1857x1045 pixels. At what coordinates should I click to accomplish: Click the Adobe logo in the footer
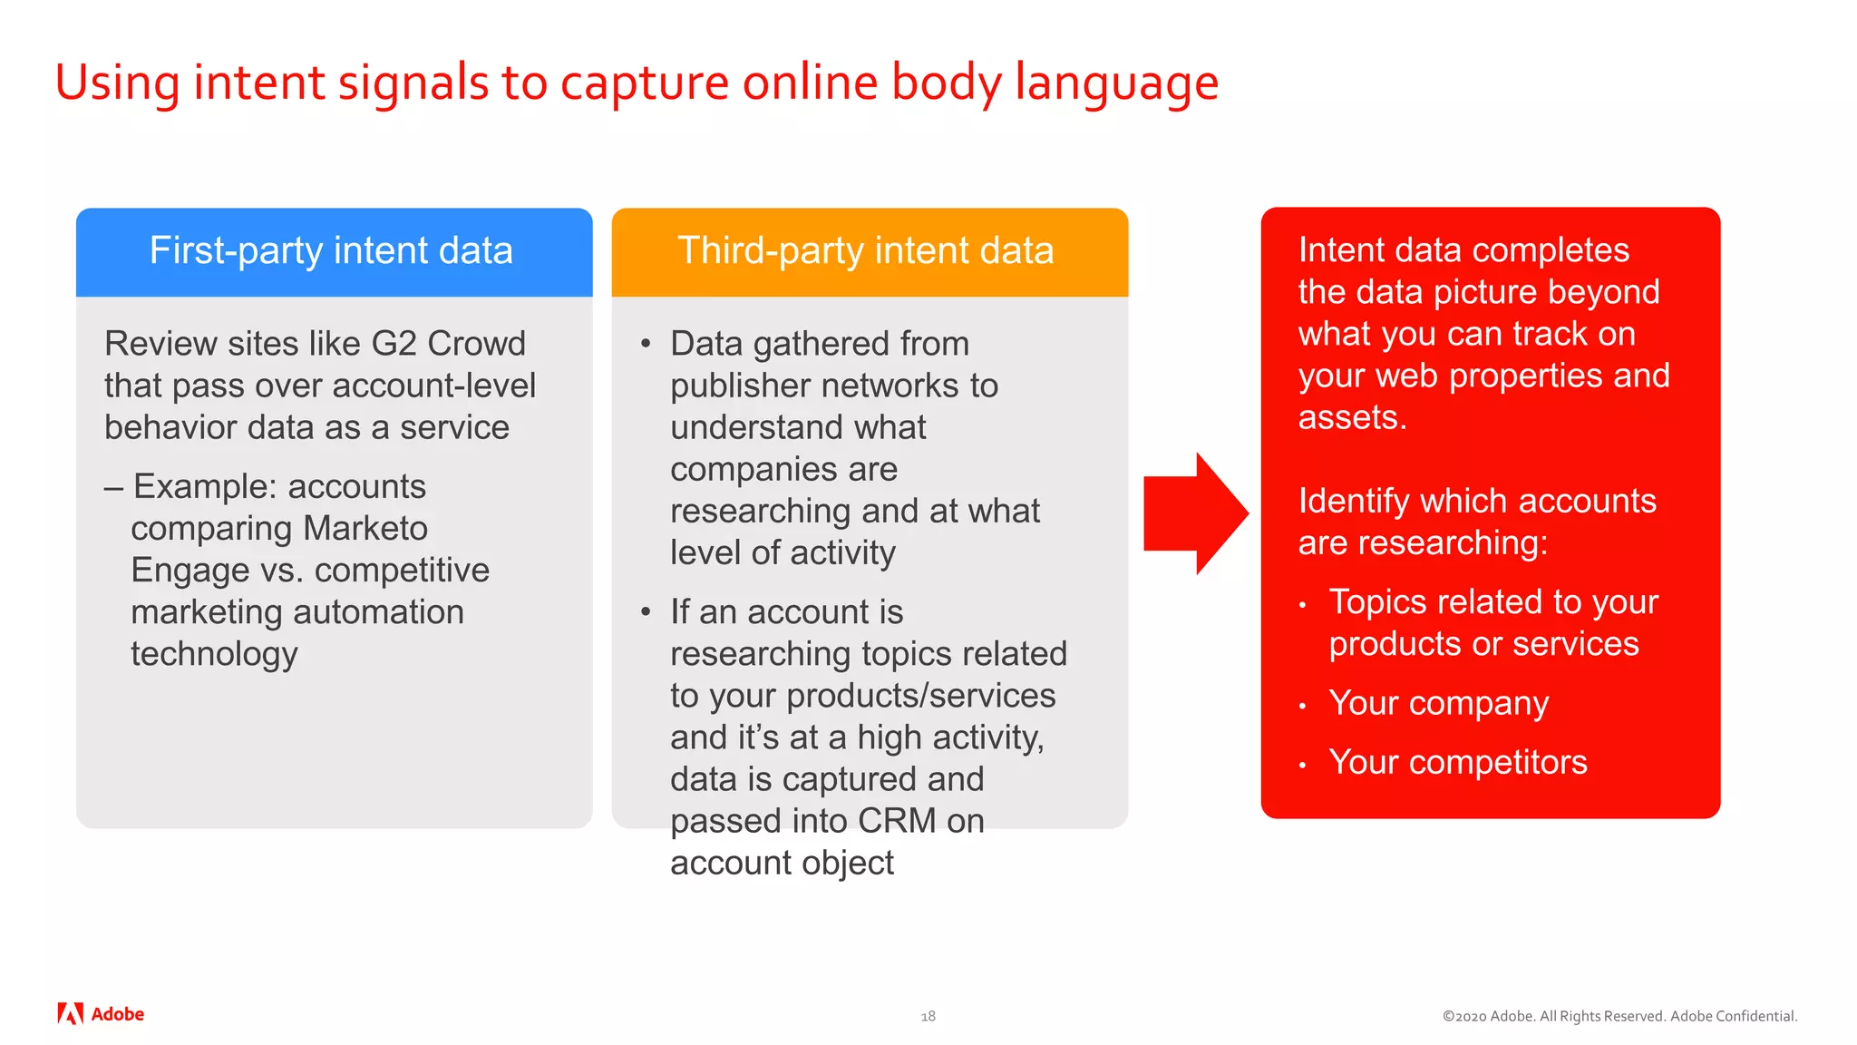[x=101, y=1014]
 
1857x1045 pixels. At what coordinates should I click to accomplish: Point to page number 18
[x=928, y=1016]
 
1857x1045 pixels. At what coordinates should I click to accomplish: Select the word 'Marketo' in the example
[x=365, y=528]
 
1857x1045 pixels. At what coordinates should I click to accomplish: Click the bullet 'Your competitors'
[x=1457, y=762]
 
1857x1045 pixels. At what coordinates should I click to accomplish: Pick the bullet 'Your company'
[x=1438, y=703]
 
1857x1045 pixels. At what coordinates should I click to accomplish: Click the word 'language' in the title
[x=1116, y=83]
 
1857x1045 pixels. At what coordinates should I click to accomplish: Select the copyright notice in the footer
[x=1619, y=1016]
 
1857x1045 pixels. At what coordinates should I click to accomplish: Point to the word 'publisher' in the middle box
[x=741, y=386]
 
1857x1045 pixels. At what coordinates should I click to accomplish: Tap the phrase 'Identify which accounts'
[x=1477, y=501]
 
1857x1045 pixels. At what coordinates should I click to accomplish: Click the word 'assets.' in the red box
[x=1352, y=417]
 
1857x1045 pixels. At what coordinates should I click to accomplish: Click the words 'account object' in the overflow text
[x=782, y=863]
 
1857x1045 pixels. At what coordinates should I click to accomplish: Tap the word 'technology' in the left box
[x=214, y=654]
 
